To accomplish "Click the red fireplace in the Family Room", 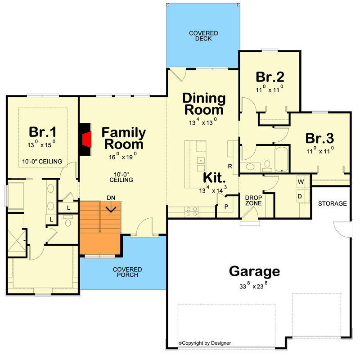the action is click(x=87, y=139).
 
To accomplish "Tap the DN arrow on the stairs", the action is click(x=111, y=207).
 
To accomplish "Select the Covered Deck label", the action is click(x=203, y=36).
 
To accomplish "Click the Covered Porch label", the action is click(x=127, y=272).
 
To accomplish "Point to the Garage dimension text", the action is click(x=253, y=286).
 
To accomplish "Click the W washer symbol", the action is click(x=301, y=182).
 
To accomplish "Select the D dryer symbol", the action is click(x=300, y=196).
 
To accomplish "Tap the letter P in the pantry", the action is click(x=226, y=207).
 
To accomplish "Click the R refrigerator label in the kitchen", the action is click(x=230, y=166).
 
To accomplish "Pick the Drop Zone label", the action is click(x=253, y=200).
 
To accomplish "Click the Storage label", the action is click(x=332, y=203).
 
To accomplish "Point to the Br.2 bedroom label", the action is click(x=270, y=77).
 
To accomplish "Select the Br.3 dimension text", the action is click(x=320, y=150).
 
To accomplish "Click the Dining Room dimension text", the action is click(x=203, y=121).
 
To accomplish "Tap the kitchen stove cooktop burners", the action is click(x=192, y=211).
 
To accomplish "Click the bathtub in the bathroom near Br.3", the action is click(x=281, y=159).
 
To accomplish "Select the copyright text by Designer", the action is click(x=205, y=343).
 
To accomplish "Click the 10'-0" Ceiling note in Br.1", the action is click(x=42, y=162).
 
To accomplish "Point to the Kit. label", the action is click(x=214, y=178).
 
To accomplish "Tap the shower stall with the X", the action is click(x=17, y=243).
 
